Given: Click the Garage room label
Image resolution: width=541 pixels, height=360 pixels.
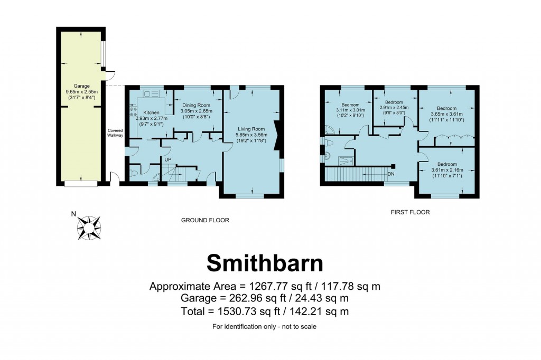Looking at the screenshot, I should point(81,86).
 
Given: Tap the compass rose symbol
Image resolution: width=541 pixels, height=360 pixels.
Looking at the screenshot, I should point(89,228).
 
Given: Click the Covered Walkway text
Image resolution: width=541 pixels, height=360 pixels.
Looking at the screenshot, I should point(115,133).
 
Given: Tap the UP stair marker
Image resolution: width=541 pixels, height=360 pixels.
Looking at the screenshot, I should point(167,159).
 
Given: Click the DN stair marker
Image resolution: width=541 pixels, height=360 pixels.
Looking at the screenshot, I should point(391,174).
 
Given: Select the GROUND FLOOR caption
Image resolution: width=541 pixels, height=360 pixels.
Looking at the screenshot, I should point(205,220).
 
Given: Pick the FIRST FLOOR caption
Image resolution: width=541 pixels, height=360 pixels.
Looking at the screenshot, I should point(410,212).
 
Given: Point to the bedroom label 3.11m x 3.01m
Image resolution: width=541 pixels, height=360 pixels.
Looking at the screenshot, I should point(350,105).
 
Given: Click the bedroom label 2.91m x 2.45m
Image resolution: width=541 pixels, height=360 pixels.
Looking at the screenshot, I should point(394,102).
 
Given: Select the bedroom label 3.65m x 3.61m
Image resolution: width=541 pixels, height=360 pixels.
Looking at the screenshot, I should point(446,108).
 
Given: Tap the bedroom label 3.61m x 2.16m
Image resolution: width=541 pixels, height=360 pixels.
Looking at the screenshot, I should point(447,164).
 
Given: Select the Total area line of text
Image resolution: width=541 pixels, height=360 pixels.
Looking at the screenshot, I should point(265,311).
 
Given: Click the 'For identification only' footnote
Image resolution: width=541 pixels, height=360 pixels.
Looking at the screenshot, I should point(264,327).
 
